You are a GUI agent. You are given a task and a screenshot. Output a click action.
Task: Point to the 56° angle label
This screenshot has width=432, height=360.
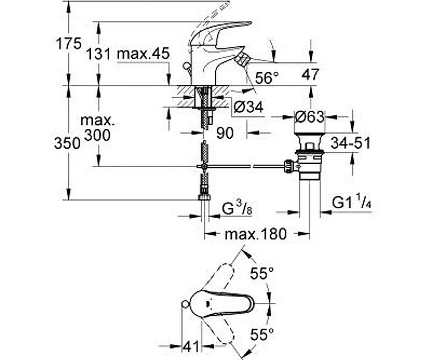click(267, 78)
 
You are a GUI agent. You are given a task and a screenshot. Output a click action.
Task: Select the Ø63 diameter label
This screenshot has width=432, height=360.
click(309, 117)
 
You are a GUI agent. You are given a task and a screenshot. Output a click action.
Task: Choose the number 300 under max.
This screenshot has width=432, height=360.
click(97, 135)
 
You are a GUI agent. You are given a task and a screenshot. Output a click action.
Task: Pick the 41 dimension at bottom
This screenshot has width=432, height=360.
click(191, 346)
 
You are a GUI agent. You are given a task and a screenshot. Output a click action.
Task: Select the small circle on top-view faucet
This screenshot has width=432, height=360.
click(185, 305)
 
